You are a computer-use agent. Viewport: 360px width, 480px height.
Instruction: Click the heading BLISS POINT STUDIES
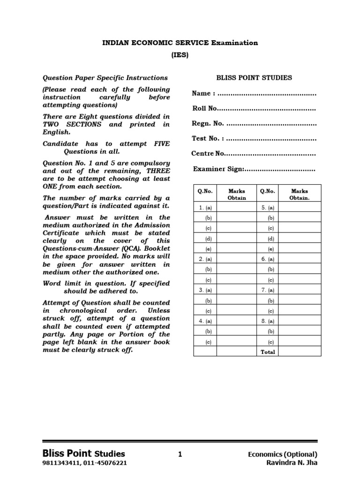coord(254,78)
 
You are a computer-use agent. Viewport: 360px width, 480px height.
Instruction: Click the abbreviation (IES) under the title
coord(180,55)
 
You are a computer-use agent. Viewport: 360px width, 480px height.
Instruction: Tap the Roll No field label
coord(205,108)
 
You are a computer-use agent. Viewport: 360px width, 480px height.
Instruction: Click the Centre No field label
coord(208,154)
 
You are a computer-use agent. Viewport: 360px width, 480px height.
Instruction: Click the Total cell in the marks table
coord(268,352)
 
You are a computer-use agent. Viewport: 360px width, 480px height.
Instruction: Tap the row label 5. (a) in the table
coord(268,207)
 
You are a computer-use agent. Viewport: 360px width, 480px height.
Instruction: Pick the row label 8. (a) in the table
coord(268,321)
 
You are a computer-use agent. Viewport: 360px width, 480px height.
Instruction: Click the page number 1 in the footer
coord(180,454)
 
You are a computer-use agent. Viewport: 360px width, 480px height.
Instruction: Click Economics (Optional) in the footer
coord(283,454)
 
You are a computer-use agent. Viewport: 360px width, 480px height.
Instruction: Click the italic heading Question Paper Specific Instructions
coord(105,78)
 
